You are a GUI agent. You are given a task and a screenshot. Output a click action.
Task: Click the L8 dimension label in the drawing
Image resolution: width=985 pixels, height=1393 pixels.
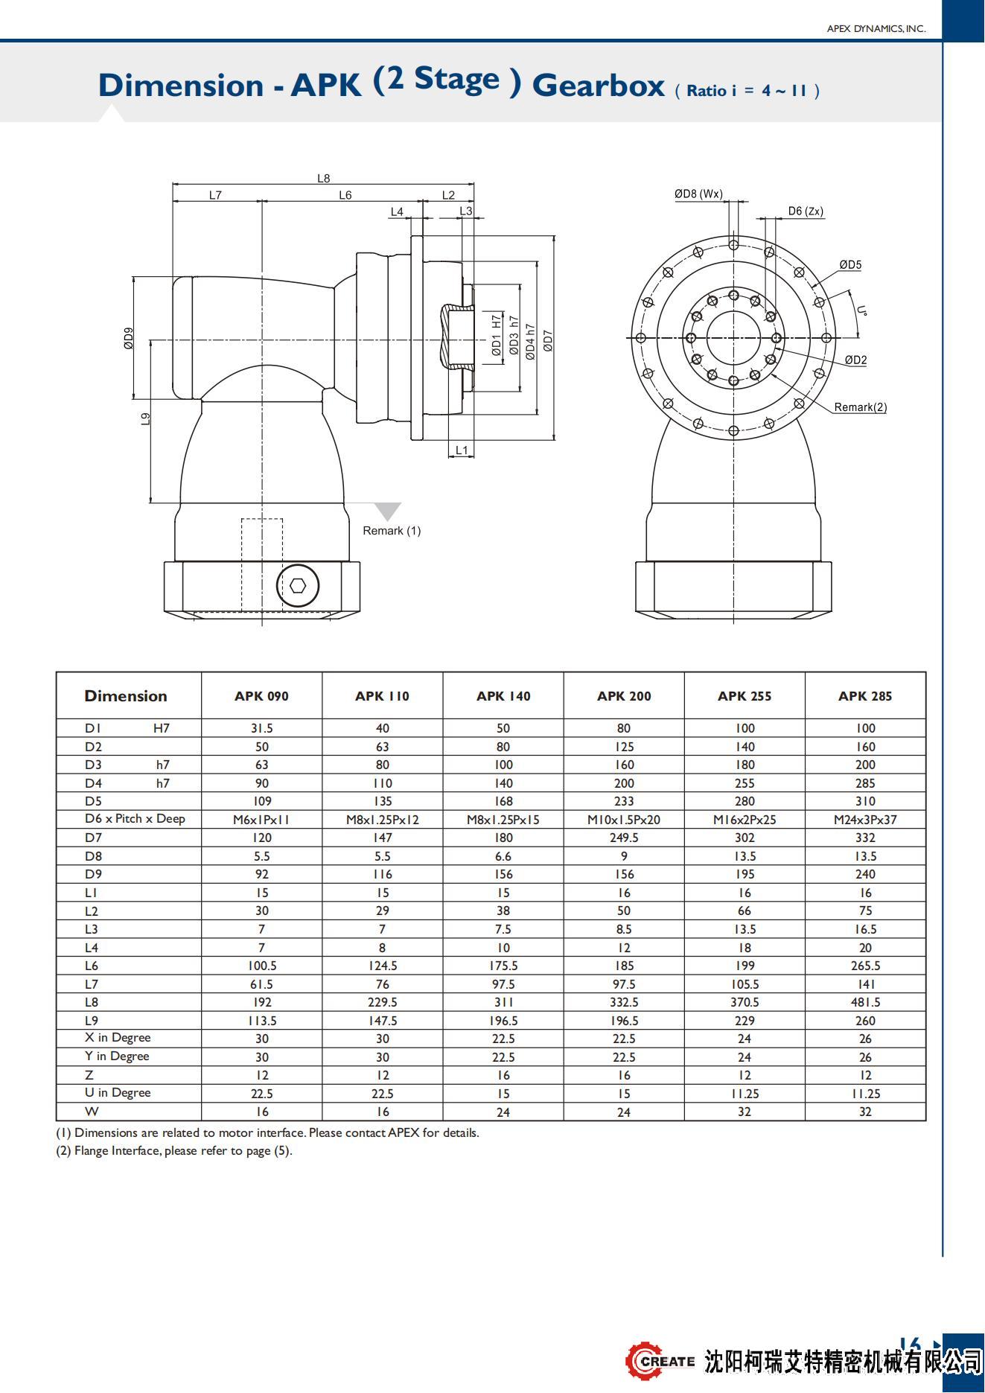pyautogui.click(x=323, y=178)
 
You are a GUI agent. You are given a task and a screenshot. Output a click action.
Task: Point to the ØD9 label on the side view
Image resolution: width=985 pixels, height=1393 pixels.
pyautogui.click(x=129, y=339)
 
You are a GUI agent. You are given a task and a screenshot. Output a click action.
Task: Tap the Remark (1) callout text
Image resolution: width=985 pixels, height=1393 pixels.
pyautogui.click(x=392, y=531)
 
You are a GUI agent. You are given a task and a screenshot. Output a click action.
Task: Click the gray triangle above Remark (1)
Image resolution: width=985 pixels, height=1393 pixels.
pyautogui.click(x=387, y=511)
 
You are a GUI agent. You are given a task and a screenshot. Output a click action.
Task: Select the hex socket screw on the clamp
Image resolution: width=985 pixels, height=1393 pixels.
pyautogui.click(x=298, y=586)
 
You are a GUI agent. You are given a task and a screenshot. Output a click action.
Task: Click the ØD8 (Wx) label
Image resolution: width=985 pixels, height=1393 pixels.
pyautogui.click(x=698, y=194)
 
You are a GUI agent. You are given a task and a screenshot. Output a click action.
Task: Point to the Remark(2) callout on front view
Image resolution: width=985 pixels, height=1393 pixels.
pyautogui.click(x=860, y=407)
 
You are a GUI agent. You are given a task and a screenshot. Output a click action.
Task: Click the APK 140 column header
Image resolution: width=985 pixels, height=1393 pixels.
pyautogui.click(x=503, y=696)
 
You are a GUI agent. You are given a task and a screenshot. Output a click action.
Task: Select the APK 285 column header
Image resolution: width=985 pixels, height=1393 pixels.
pyautogui.click(x=864, y=696)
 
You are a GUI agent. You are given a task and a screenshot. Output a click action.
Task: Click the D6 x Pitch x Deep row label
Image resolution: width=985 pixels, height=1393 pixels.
pyautogui.click(x=135, y=819)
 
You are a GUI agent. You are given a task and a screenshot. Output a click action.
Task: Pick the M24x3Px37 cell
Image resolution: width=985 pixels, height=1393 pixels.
pyautogui.click(x=865, y=820)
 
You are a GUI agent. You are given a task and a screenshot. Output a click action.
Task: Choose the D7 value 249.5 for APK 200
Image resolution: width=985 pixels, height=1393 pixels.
pyautogui.click(x=624, y=838)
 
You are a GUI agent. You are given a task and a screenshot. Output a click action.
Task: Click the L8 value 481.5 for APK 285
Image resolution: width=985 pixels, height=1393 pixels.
pyautogui.click(x=865, y=1003)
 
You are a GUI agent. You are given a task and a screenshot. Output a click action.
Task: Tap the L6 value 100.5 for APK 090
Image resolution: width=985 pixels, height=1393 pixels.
pyautogui.click(x=262, y=966)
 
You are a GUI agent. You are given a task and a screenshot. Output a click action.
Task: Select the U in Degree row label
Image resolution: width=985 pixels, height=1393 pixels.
pyautogui.click(x=118, y=1093)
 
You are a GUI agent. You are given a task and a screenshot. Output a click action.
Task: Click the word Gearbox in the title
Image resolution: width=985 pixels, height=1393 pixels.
pyautogui.click(x=597, y=86)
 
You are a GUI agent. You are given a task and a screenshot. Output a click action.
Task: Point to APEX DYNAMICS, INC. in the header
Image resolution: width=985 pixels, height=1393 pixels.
pyautogui.click(x=876, y=29)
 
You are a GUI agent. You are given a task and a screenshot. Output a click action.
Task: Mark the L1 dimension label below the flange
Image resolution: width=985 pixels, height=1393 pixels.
pyautogui.click(x=462, y=450)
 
